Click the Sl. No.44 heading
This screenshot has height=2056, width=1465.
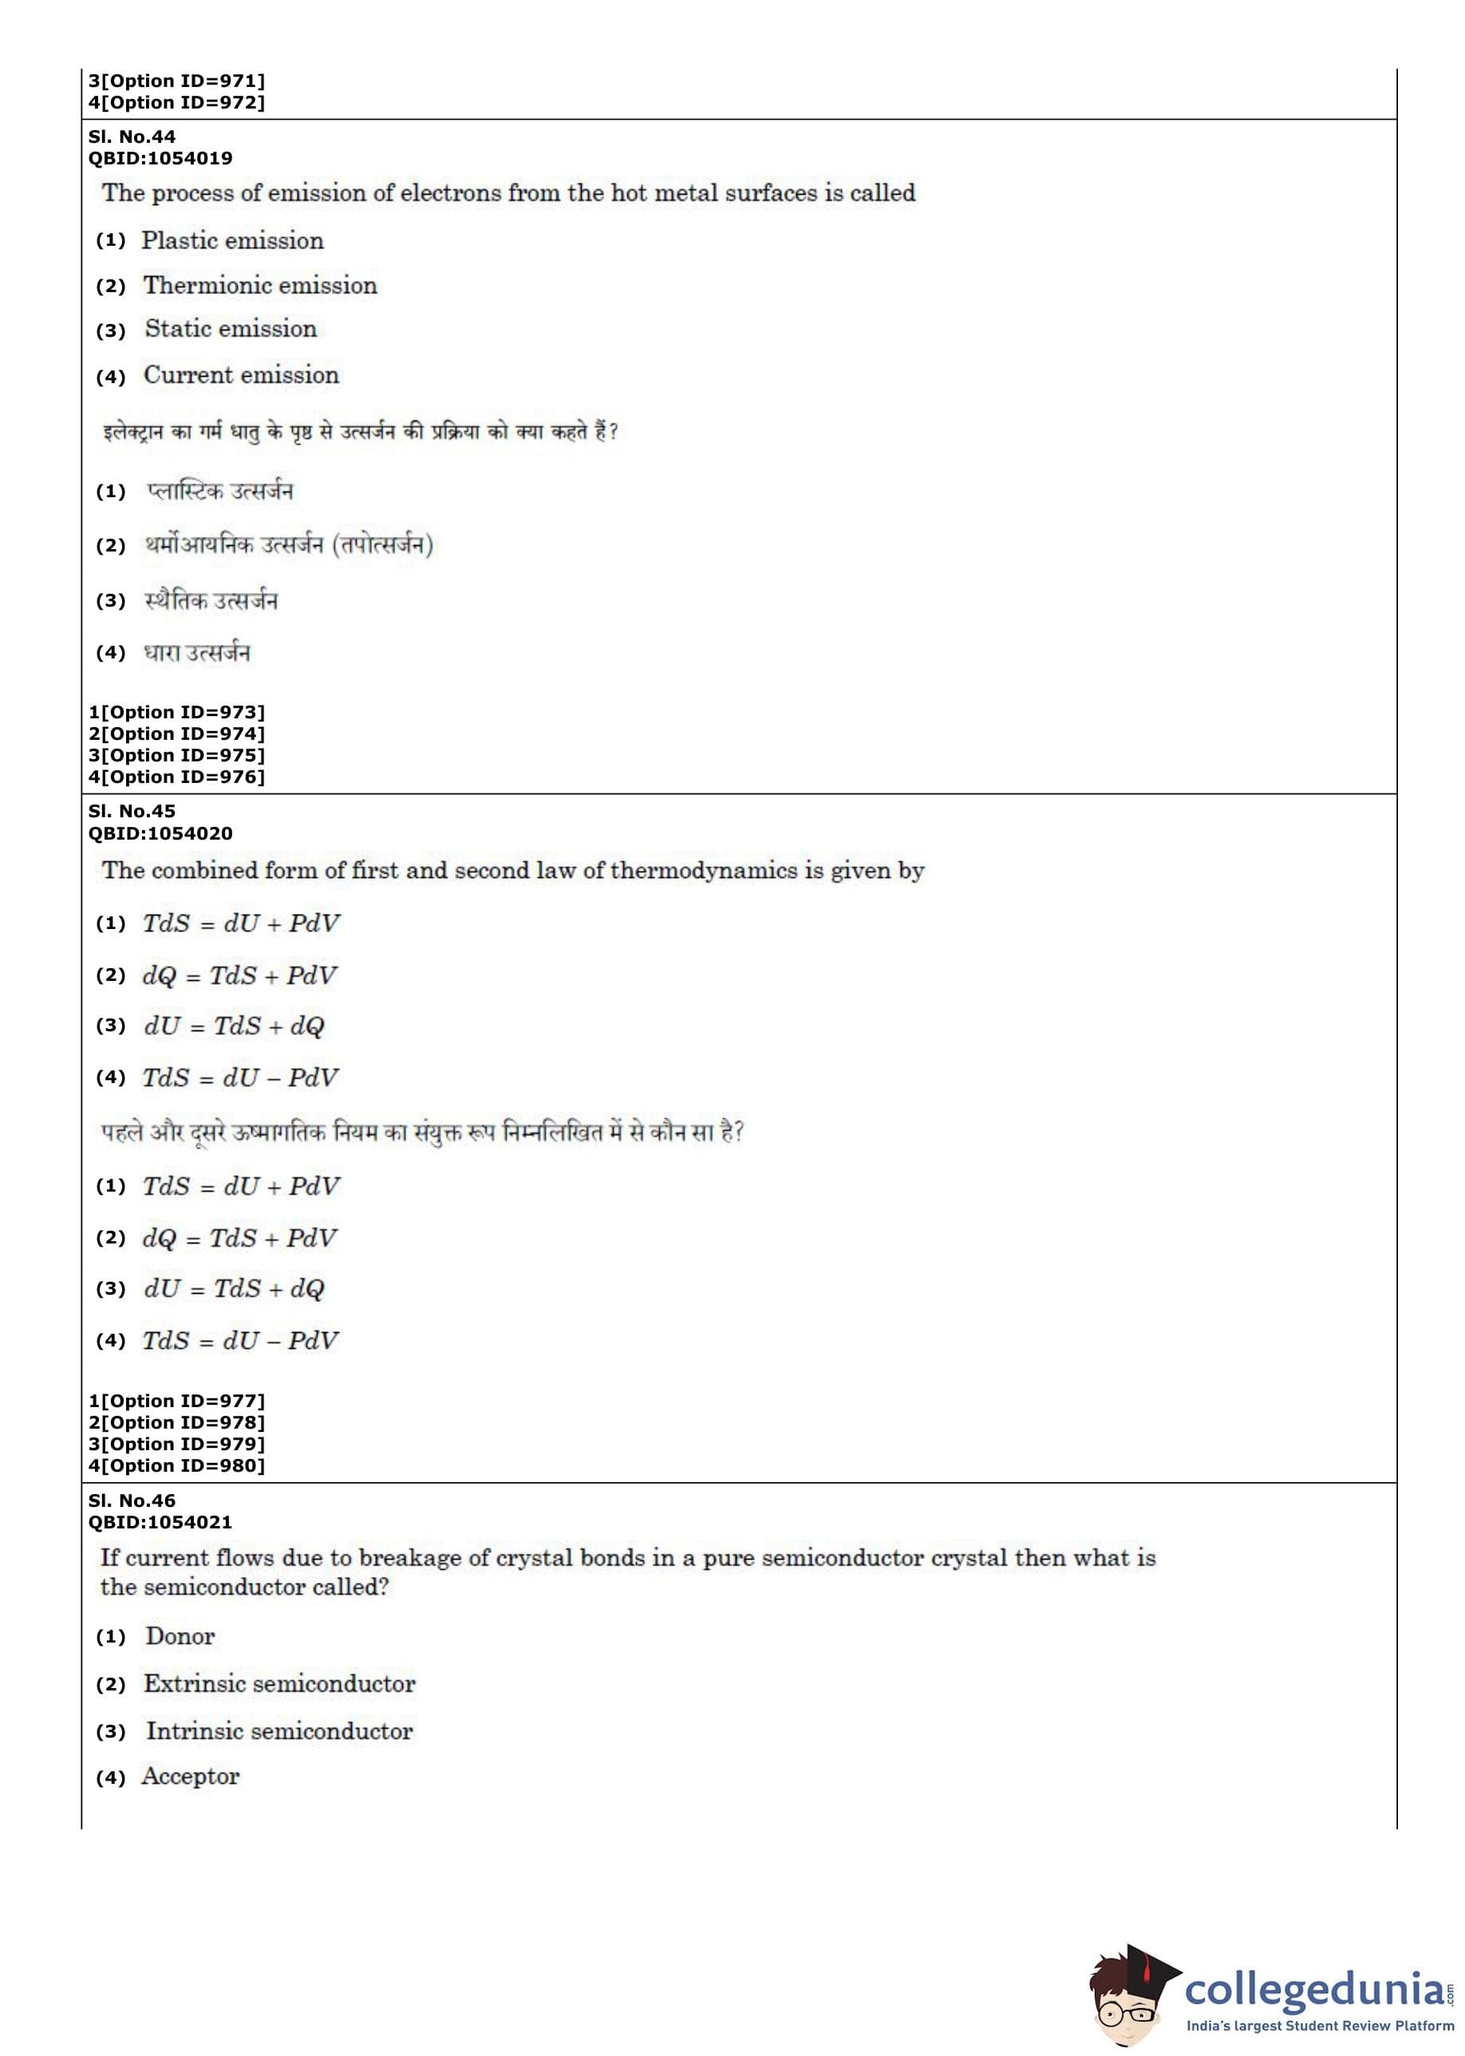(132, 137)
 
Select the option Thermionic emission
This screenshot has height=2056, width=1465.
(260, 286)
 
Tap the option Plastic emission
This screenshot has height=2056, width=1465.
(232, 241)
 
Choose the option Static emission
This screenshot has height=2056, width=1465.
(231, 330)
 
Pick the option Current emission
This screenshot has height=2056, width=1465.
(241, 375)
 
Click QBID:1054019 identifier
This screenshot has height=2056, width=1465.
(160, 159)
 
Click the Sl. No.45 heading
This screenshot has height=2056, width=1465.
(132, 811)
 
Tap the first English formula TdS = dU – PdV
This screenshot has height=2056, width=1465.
(240, 1077)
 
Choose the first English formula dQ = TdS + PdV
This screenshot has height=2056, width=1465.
(239, 975)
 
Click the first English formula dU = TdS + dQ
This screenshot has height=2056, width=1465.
(234, 1026)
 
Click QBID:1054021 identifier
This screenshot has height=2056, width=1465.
(160, 1522)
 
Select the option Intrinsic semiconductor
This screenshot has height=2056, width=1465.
(278, 1731)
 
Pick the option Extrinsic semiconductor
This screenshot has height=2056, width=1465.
(278, 1684)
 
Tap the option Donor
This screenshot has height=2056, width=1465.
(180, 1636)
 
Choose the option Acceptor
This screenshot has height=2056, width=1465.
(191, 1777)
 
